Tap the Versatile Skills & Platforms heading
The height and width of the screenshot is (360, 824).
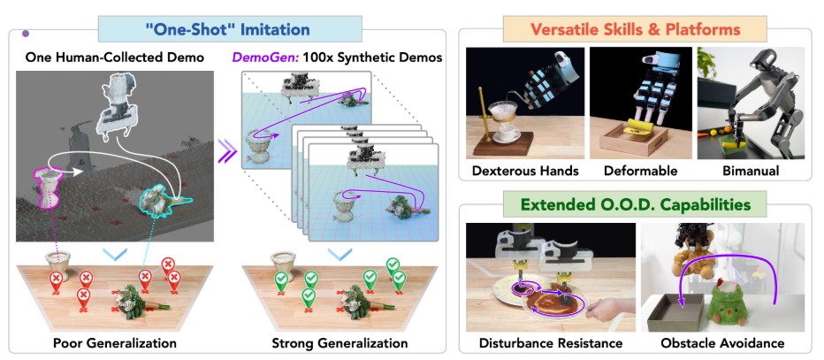tap(634, 29)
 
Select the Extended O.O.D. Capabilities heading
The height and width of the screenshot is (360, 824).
tap(635, 205)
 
